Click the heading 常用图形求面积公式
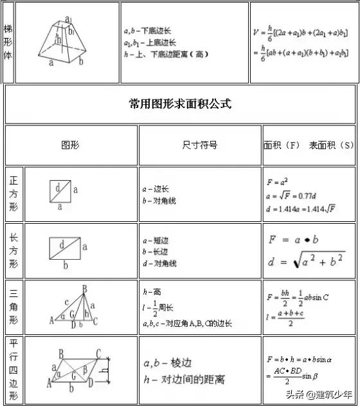pos(180,104)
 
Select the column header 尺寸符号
pos(200,145)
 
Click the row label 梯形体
pos(8,42)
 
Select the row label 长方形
pos(14,251)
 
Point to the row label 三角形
pos(14,307)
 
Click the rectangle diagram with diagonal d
pos(64,247)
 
